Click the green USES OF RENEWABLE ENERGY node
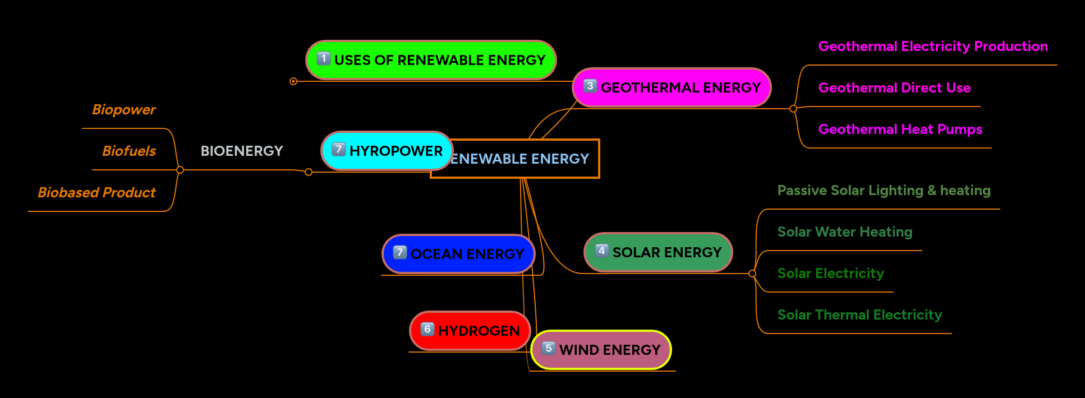[431, 60]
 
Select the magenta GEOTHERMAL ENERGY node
[672, 87]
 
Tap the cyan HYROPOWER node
[387, 151]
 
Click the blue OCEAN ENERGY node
[458, 254]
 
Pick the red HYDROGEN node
[470, 331]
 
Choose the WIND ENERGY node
[601, 350]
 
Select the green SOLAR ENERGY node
[658, 252]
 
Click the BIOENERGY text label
[242, 151]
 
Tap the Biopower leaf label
[124, 109]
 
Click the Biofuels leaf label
[129, 151]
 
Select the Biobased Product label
[96, 192]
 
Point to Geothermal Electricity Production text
[933, 46]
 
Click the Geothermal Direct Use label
[894, 87]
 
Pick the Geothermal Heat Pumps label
[900, 129]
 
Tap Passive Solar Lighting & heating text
[884, 190]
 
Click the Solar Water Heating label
[845, 232]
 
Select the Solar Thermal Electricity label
[859, 314]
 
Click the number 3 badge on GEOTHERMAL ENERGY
[590, 86]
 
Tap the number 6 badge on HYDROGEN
[427, 329]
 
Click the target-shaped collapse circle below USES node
[293, 81]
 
